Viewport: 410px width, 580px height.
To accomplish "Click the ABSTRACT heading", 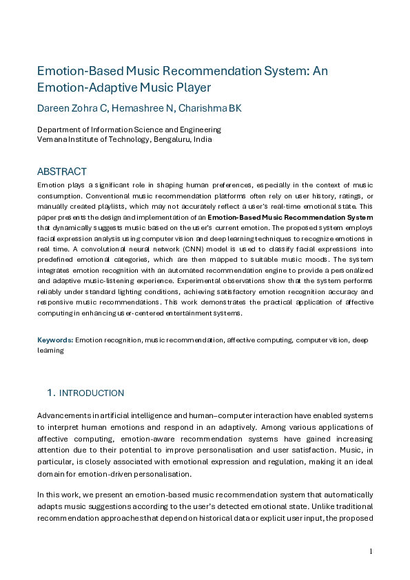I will tap(62, 172).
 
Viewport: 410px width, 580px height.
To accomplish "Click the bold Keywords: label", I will tap(55, 340).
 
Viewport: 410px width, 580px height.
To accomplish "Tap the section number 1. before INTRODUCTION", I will tap(50, 393).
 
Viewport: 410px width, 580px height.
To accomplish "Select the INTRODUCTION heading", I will tap(92, 393).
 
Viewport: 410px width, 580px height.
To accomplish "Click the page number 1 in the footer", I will tap(371, 551).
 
